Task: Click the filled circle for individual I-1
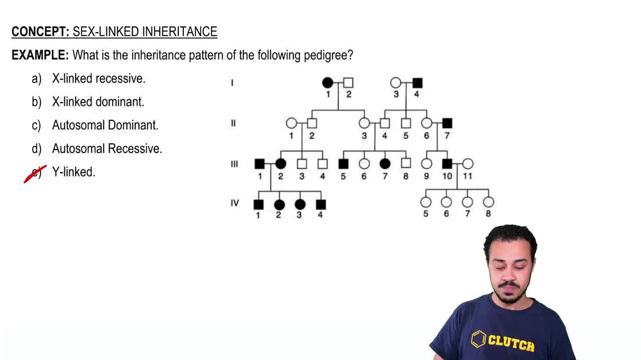point(328,83)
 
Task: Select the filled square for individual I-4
point(417,83)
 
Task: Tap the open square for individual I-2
point(348,83)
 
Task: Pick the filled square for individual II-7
point(447,122)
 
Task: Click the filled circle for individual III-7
point(385,164)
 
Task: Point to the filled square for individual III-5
point(343,164)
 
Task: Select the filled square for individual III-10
point(447,164)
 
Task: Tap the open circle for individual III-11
point(468,164)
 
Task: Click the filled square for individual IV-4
point(321,204)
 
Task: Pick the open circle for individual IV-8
point(488,202)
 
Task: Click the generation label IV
point(235,203)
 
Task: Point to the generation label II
point(233,122)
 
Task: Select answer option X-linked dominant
point(98,102)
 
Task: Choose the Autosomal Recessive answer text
point(107,149)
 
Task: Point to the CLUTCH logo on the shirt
point(504,341)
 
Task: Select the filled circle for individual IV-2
point(279,204)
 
